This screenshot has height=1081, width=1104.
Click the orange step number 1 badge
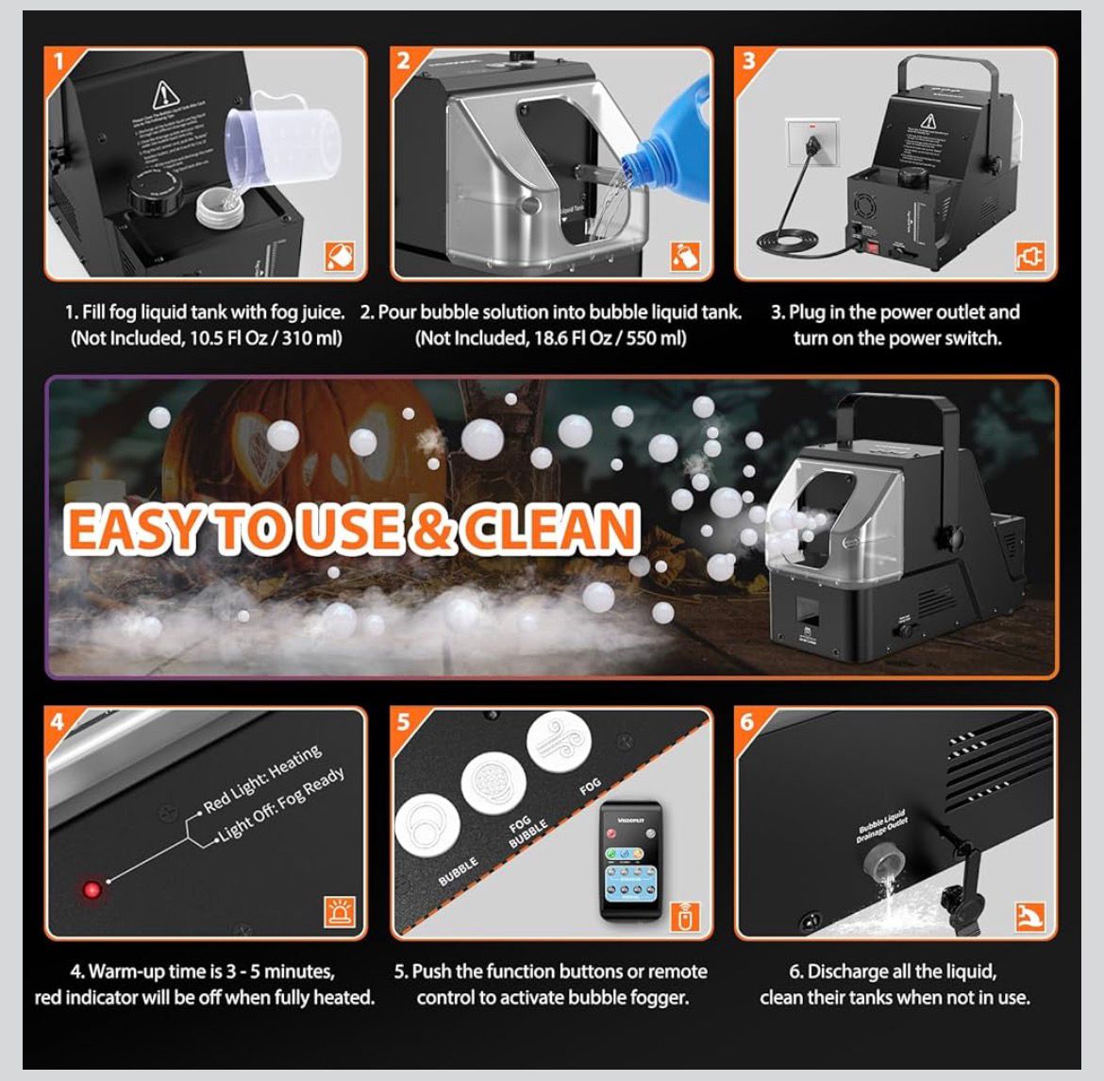click(x=59, y=62)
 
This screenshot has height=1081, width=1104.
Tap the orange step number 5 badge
click(x=404, y=722)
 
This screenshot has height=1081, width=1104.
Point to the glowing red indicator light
click(x=92, y=888)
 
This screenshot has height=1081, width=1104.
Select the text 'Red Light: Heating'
click(x=263, y=778)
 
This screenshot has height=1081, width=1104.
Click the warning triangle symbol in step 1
click(x=167, y=94)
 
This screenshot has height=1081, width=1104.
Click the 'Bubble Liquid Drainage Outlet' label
click(x=882, y=826)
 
